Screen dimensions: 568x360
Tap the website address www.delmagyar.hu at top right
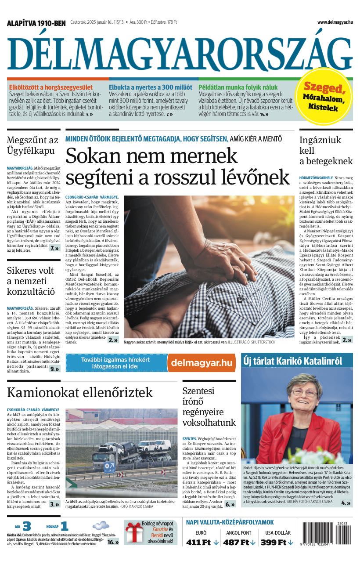point(335,22)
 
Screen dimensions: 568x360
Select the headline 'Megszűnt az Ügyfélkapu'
point(32,145)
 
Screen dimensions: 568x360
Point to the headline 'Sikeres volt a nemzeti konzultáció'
point(31,280)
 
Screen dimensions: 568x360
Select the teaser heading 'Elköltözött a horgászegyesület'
point(51,87)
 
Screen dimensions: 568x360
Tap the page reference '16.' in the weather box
point(113,542)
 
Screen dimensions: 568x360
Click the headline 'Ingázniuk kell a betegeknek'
point(326,151)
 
